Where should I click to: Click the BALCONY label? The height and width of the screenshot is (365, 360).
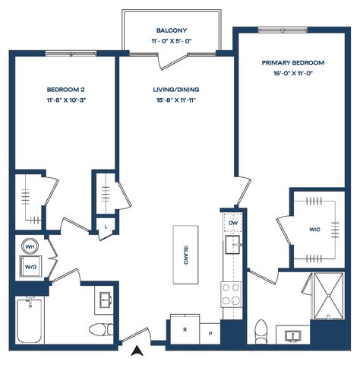[172, 30]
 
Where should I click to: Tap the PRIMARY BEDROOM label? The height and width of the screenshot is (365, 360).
[293, 62]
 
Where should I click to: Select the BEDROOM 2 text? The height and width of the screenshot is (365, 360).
[66, 90]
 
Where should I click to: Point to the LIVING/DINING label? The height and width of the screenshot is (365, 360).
[176, 90]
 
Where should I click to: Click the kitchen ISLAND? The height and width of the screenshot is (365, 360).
[185, 255]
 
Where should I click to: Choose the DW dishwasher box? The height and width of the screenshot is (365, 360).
[233, 223]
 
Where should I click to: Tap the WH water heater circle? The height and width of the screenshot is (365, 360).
[30, 246]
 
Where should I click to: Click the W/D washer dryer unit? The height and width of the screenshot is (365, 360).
[30, 266]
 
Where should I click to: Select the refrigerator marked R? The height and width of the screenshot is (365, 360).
[185, 329]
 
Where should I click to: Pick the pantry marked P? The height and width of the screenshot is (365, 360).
[210, 334]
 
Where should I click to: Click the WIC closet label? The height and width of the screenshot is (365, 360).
[314, 230]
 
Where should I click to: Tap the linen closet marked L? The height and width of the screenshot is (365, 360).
[106, 227]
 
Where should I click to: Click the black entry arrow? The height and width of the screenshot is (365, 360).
[137, 351]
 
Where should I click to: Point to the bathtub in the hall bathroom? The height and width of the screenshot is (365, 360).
[30, 321]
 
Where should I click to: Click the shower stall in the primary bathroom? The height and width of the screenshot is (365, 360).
[329, 296]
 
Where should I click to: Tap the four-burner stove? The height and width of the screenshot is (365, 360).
[231, 294]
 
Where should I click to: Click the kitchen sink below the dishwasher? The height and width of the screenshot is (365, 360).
[233, 245]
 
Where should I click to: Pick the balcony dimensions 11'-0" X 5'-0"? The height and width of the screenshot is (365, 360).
[172, 41]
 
